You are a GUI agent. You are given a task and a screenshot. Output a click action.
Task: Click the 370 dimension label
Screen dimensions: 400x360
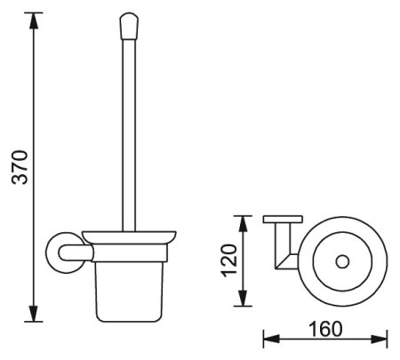click(20, 167)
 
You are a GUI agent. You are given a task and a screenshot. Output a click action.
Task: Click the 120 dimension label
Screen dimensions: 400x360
click(230, 260)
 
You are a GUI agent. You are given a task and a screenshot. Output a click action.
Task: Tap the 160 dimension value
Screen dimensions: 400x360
click(325, 329)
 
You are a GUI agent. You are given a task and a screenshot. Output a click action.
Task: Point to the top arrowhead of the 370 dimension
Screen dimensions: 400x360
click(33, 21)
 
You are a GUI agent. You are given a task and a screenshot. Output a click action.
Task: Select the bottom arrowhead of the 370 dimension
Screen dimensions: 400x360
click(33, 313)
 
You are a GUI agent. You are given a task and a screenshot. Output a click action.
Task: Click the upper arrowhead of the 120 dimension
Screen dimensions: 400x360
click(243, 224)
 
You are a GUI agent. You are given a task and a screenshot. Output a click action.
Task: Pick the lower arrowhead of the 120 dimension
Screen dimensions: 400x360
click(243, 298)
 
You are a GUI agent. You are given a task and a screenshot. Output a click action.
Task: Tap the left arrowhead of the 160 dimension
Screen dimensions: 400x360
click(271, 339)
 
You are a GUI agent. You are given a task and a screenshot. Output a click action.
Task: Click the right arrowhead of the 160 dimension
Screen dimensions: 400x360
click(379, 339)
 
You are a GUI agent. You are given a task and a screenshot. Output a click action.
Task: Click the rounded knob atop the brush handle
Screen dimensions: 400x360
click(129, 26)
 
